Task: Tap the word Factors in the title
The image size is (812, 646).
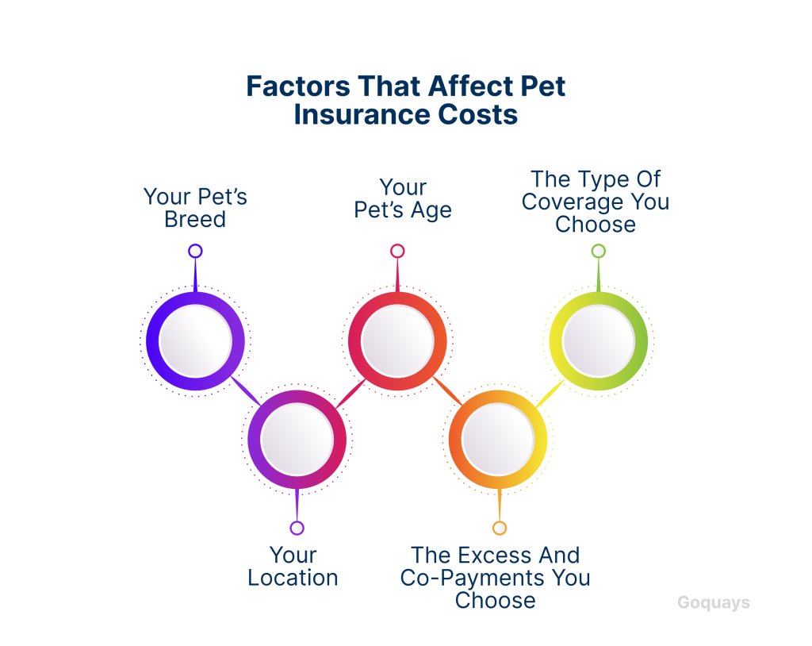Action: click(x=298, y=86)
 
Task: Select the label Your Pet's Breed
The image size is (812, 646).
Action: click(x=195, y=208)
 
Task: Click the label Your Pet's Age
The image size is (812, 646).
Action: click(x=402, y=199)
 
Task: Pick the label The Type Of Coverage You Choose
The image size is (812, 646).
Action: click(x=596, y=202)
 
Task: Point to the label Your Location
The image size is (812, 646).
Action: click(x=293, y=566)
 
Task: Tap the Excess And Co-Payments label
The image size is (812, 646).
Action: click(x=495, y=578)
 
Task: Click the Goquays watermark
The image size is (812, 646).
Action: click(x=714, y=602)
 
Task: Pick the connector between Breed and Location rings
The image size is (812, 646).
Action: click(x=246, y=390)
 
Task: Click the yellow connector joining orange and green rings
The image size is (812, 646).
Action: click(x=550, y=393)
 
